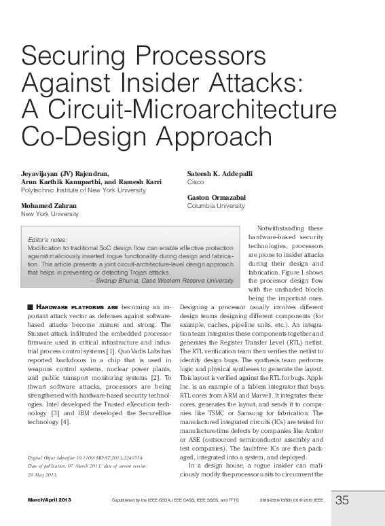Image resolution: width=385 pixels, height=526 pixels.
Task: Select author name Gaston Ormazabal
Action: (217, 197)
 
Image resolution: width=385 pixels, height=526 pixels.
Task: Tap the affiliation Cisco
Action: (195, 183)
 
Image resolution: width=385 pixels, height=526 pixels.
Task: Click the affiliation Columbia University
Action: (215, 206)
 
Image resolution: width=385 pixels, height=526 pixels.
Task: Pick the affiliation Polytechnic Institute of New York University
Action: (83, 191)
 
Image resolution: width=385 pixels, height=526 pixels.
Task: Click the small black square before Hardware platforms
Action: (30, 309)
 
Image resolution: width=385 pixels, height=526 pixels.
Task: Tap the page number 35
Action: (342, 501)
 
